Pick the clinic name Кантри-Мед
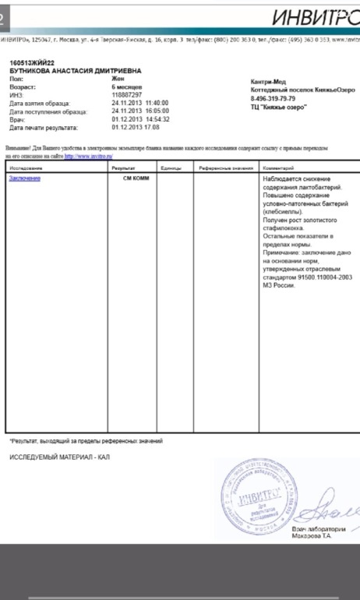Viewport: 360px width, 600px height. (x=270, y=82)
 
